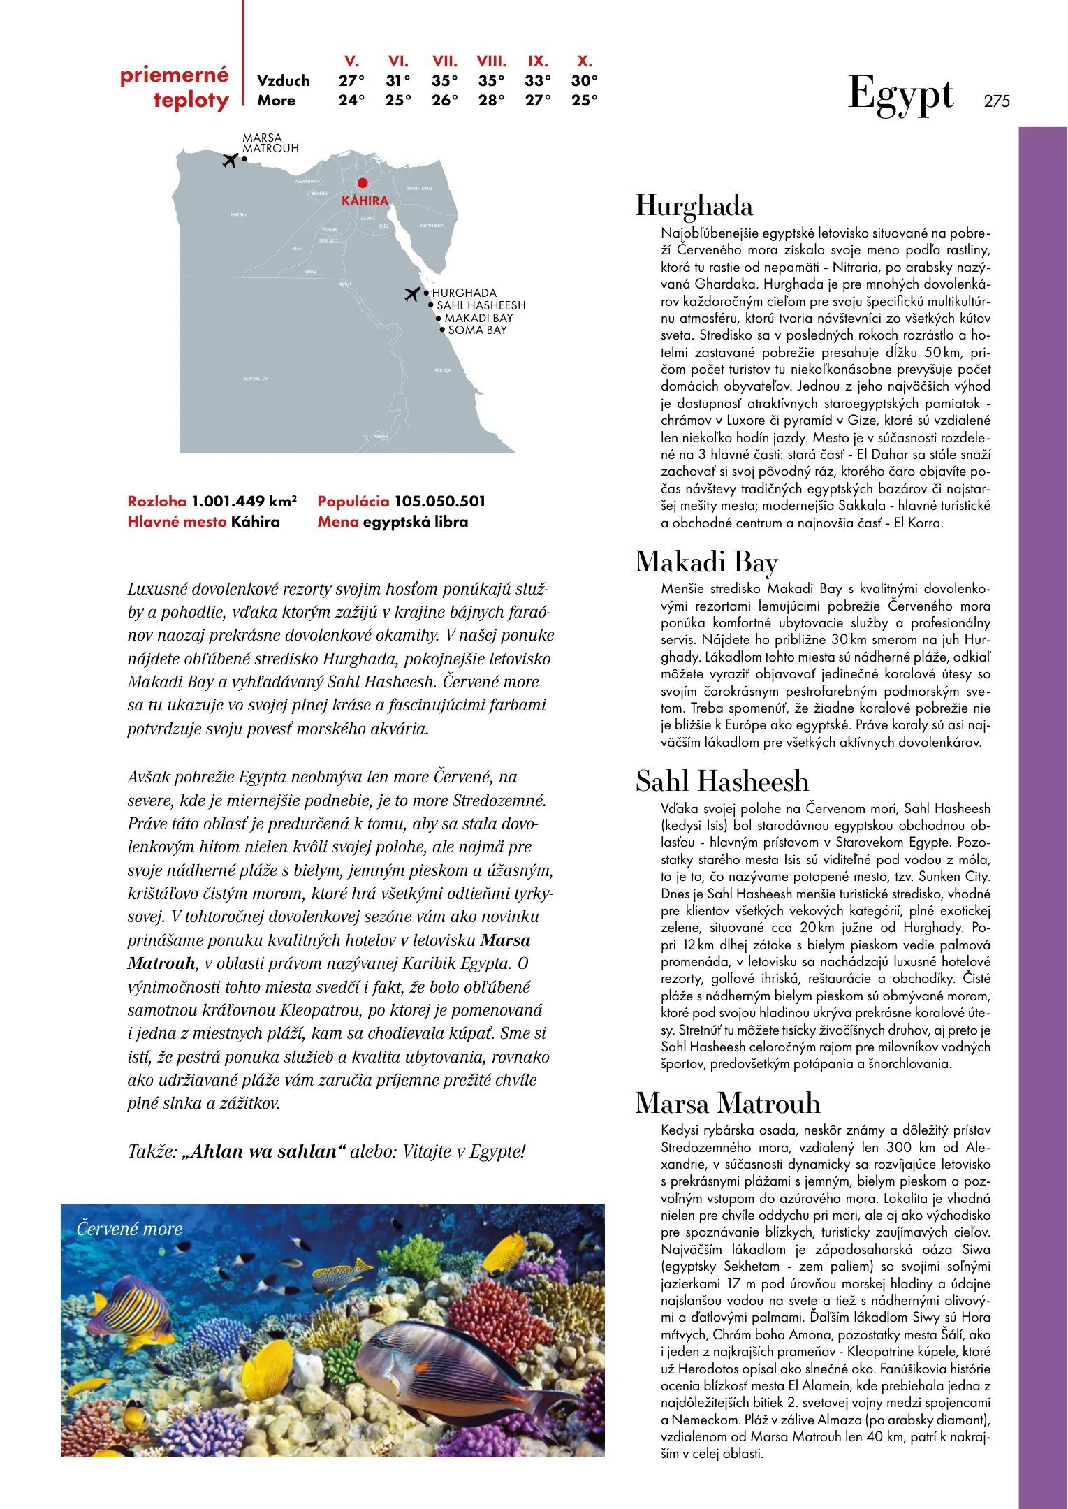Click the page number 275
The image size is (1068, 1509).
tap(997, 101)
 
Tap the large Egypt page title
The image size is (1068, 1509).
tap(900, 95)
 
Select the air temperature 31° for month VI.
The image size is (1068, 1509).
tap(398, 81)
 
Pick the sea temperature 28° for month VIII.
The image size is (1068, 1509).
tap(491, 101)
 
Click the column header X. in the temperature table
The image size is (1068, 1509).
tap(585, 61)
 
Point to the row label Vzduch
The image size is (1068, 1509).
tap(283, 81)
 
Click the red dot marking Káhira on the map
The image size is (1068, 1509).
tap(363, 183)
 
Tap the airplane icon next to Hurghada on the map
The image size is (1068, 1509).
tap(412, 294)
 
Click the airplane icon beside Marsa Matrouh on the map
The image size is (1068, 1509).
tap(230, 160)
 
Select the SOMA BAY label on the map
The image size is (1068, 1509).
tap(477, 330)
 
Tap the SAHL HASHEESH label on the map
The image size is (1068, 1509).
tap(481, 305)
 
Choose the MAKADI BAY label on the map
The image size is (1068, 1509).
tap(478, 318)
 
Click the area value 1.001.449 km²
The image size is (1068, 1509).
tap(244, 502)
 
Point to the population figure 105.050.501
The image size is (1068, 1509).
tap(439, 502)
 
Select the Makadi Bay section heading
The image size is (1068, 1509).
tap(706, 562)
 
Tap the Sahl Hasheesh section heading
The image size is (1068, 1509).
tap(722, 781)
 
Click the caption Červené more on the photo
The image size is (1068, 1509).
tap(129, 1229)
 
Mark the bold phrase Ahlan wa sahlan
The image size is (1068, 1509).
tap(264, 1151)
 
